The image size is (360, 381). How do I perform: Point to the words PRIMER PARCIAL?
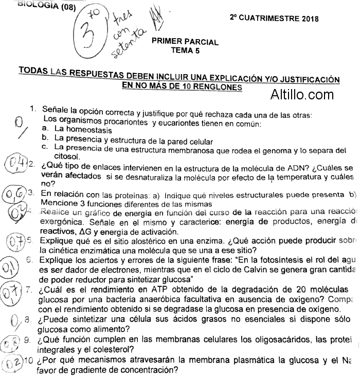coord(185,42)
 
